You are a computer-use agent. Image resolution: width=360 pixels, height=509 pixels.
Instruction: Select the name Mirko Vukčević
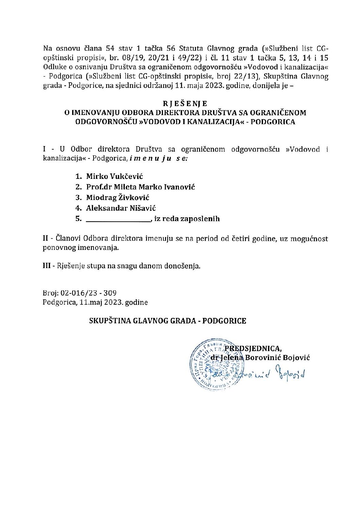[114, 176]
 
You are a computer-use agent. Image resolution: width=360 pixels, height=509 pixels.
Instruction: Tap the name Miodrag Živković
[118, 198]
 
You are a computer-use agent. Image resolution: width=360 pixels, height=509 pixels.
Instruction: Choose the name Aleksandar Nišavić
[121, 208]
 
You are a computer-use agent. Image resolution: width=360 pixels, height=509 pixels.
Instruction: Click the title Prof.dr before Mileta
[99, 187]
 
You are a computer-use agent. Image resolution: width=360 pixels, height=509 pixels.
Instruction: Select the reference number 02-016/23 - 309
[89, 293]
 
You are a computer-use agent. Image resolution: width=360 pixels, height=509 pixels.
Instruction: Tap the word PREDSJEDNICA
[253, 349]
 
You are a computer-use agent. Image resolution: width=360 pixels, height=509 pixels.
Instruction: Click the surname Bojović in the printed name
[296, 358]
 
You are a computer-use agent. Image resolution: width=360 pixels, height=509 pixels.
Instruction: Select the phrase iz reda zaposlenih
[187, 219]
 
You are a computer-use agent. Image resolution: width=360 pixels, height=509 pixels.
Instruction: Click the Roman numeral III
[47, 266]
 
